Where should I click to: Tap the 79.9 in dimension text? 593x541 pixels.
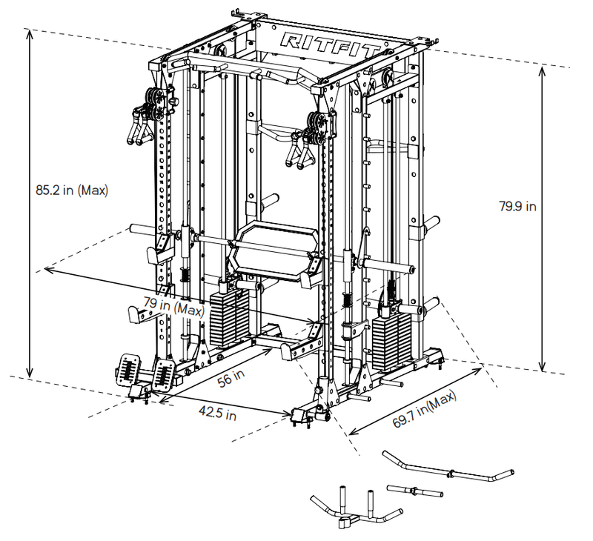[517, 207]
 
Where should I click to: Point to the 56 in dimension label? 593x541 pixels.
[231, 377]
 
